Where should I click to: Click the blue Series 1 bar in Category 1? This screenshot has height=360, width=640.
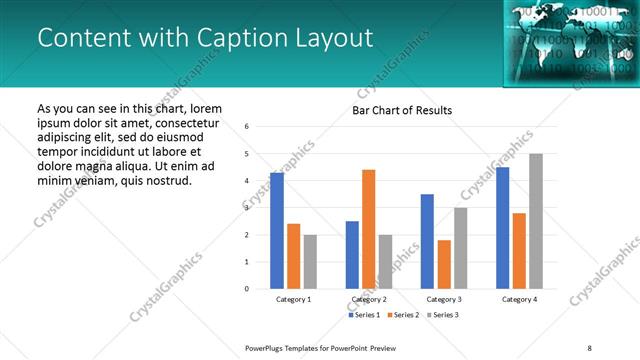click(277, 231)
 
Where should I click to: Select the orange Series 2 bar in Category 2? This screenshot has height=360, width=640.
click(368, 229)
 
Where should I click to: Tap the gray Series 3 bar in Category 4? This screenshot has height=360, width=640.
click(536, 221)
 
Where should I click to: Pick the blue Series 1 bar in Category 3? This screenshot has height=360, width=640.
click(427, 241)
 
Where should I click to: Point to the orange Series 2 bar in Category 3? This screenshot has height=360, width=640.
click(444, 264)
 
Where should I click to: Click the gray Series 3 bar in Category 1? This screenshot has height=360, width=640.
click(310, 262)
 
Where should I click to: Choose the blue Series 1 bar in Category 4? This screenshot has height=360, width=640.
click(502, 228)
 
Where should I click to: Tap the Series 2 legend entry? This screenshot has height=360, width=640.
click(403, 316)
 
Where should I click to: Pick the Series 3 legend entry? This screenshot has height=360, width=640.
click(443, 316)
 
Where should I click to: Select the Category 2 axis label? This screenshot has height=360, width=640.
click(369, 299)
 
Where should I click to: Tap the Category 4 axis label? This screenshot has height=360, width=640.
click(519, 299)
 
